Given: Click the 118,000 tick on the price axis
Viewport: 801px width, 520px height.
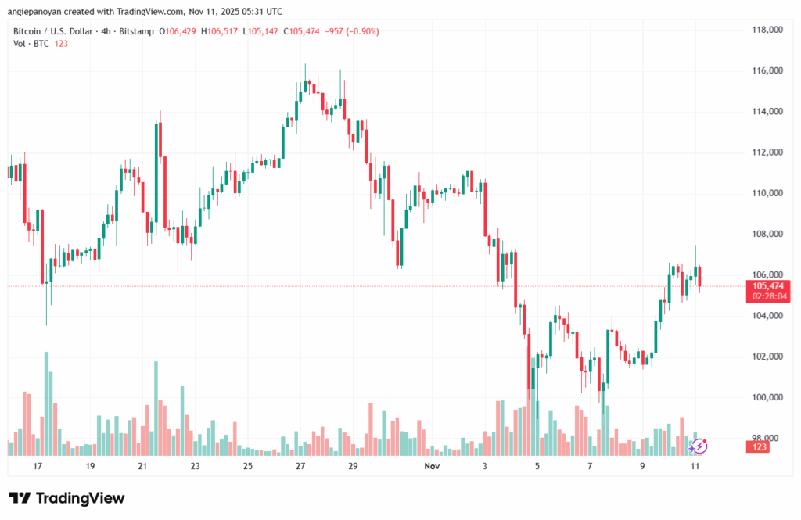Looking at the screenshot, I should click(x=767, y=30).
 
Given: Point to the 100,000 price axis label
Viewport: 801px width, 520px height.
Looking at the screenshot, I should click(x=767, y=397).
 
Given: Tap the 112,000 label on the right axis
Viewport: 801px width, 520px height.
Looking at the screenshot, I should click(x=767, y=152).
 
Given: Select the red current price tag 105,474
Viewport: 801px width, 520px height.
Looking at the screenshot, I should click(x=768, y=286).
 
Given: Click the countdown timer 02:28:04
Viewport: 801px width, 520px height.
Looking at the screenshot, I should click(x=768, y=297).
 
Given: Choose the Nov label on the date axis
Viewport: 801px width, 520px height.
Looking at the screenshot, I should click(x=432, y=466).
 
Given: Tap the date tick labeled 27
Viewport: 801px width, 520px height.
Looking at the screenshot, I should click(x=300, y=466).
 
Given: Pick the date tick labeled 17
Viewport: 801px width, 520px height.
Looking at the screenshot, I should click(x=38, y=466).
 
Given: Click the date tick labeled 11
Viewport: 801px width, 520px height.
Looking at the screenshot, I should click(x=695, y=466).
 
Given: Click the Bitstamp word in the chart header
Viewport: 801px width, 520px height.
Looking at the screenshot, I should click(x=138, y=31).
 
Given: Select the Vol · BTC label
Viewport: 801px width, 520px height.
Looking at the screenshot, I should click(x=31, y=44).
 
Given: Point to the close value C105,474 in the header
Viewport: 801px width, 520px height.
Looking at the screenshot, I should click(x=306, y=31).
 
